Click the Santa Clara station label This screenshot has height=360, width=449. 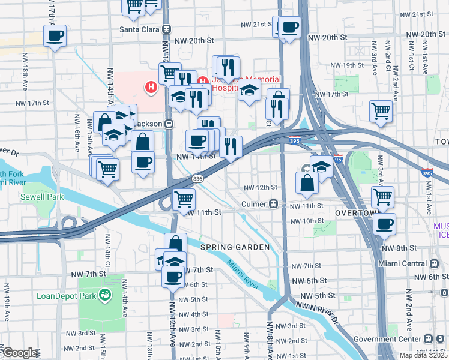point(142,28)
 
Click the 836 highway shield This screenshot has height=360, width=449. point(197,179)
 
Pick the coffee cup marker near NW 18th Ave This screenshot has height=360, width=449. point(55,35)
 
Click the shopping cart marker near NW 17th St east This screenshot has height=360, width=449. point(381,111)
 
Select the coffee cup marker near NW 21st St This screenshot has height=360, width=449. point(290,27)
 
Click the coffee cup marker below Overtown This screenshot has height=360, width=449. point(384,224)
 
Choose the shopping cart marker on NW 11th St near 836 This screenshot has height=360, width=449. point(184,199)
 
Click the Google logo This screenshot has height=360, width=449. point(19,353)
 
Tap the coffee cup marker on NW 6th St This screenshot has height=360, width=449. point(173,277)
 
